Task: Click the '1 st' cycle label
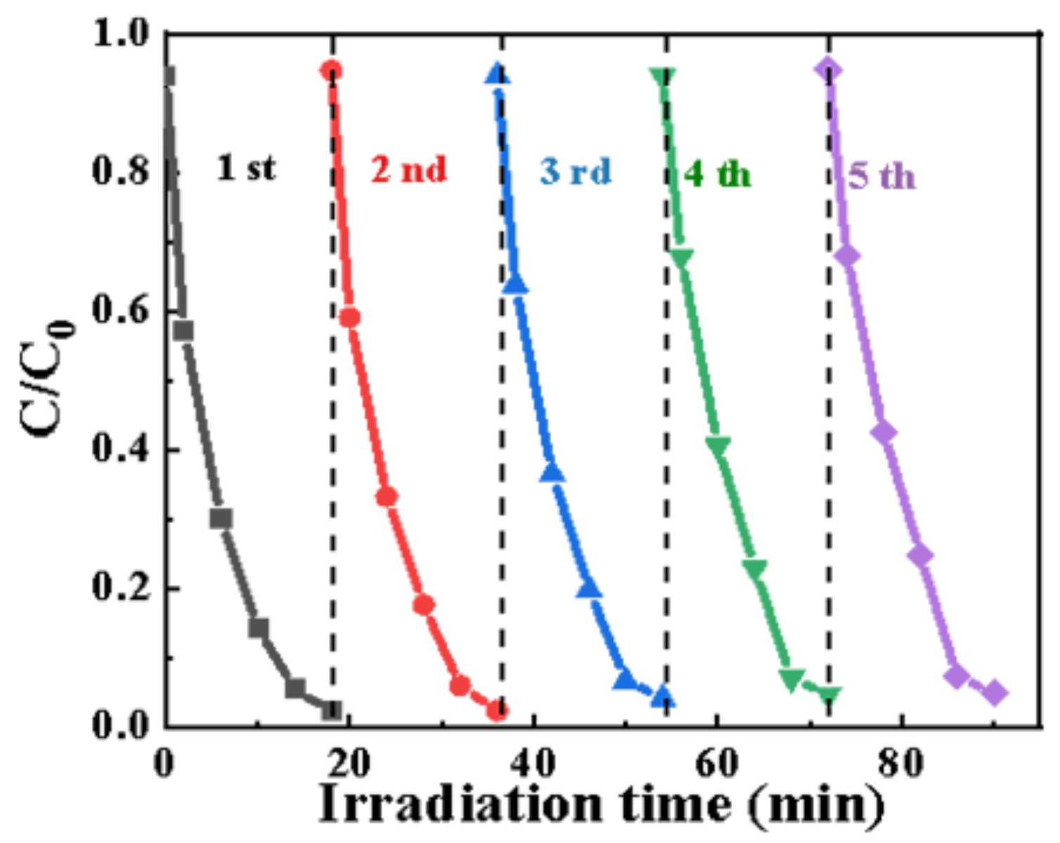click(246, 168)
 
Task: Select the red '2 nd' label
click(409, 169)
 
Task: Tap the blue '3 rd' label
click(576, 172)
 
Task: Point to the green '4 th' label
click(718, 174)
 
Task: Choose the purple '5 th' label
click(881, 175)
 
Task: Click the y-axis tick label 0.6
click(121, 311)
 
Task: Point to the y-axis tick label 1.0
click(121, 34)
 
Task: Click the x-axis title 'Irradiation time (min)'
click(602, 804)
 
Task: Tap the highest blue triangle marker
click(497, 73)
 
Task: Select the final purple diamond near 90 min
click(995, 693)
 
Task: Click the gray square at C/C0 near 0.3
click(221, 519)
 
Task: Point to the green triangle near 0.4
click(718, 446)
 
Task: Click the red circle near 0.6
click(349, 318)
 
